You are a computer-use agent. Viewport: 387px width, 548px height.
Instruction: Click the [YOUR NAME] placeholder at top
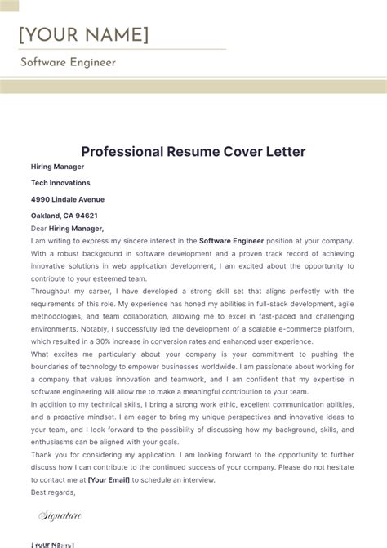pyautogui.click(x=84, y=34)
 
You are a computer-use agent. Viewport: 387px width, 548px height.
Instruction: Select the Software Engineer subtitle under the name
pyautogui.click(x=68, y=62)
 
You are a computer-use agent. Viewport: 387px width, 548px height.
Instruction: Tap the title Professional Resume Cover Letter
pyautogui.click(x=193, y=151)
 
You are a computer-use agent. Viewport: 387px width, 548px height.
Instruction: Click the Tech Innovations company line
pyautogui.click(x=60, y=183)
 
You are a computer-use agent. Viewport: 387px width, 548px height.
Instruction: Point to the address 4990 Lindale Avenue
pyautogui.click(x=68, y=199)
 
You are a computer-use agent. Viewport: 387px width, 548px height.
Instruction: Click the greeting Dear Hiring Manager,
pyautogui.click(x=68, y=229)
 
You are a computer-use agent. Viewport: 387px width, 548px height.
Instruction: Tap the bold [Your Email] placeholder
pyautogui.click(x=109, y=480)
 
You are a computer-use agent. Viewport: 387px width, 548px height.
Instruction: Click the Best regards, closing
pyautogui.click(x=53, y=492)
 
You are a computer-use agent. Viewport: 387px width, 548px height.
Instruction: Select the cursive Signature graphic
pyautogui.click(x=60, y=515)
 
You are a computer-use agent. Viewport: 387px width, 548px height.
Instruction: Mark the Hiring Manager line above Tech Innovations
pyautogui.click(x=58, y=167)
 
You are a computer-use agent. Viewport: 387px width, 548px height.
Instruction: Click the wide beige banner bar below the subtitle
pyautogui.click(x=193, y=87)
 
